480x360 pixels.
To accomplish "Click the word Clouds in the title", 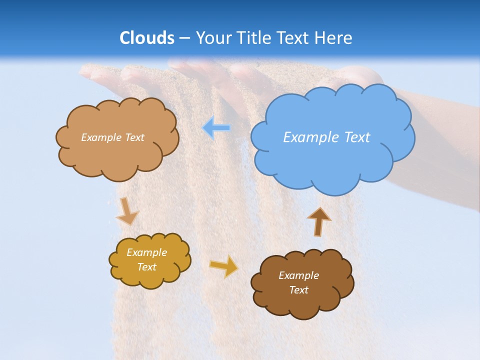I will pos(147,38).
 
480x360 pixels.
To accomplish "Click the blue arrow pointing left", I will pos(216,128).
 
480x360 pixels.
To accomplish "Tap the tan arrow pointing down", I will pos(127,211).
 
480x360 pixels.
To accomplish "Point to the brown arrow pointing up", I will pos(318,221).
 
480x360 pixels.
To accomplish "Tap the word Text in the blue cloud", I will pos(356,137).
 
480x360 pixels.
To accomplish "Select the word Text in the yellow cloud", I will pos(147,267).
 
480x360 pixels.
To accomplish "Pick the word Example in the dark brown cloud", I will pos(298,275).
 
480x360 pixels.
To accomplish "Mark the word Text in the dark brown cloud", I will pos(298,290).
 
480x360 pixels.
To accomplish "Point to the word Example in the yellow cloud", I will pos(147,252).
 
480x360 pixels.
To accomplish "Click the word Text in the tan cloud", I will pos(134,137).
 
